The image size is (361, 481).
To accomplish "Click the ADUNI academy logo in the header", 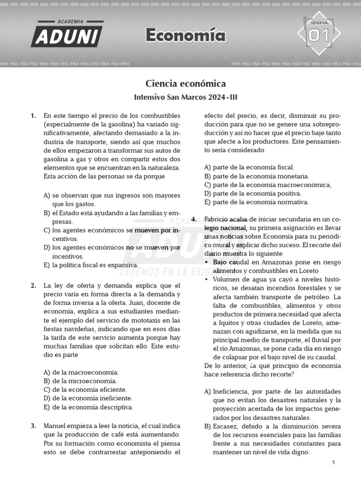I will click(x=67, y=34).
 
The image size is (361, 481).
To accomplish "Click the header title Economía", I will click(x=185, y=35).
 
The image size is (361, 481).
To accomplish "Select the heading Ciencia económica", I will click(x=185, y=84).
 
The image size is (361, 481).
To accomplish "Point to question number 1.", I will click(x=33, y=116).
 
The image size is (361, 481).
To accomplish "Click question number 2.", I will click(x=33, y=286).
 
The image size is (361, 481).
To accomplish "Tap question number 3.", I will click(x=33, y=426).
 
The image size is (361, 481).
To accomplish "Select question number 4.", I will click(x=194, y=219).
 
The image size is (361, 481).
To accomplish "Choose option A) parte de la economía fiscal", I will click(x=249, y=167).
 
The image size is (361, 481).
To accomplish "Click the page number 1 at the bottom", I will click(x=333, y=463).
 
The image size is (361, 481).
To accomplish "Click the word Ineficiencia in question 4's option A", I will click(x=232, y=391).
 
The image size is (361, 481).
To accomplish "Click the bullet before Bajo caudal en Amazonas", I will click(x=207, y=262).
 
